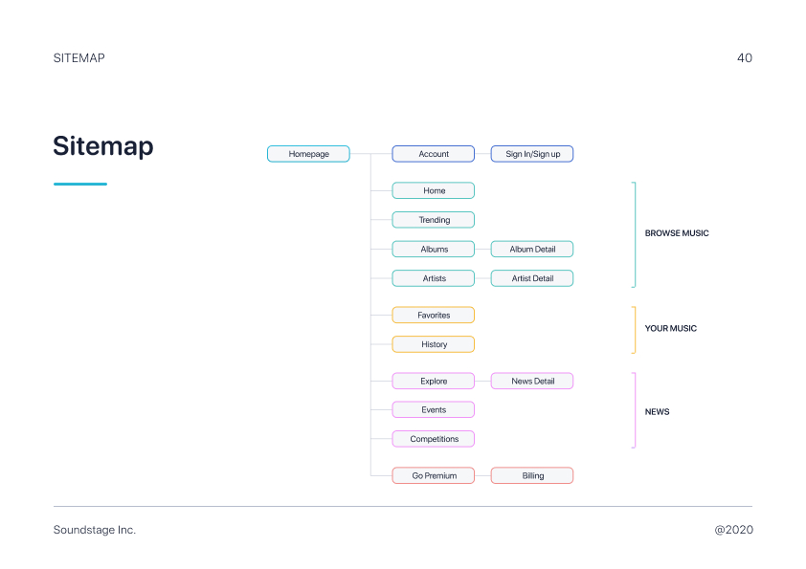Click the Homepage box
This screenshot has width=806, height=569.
tap(308, 154)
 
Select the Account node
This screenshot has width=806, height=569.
tap(434, 154)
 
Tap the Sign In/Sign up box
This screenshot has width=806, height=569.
tap(532, 154)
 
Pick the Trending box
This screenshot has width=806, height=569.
tap(434, 220)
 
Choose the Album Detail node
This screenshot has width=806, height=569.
tap(532, 249)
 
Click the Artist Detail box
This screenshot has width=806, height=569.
tap(532, 278)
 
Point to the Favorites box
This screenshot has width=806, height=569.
tap(434, 315)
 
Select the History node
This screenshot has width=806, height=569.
tap(434, 344)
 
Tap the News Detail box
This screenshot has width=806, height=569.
tap(532, 381)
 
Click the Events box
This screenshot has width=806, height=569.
tap(434, 410)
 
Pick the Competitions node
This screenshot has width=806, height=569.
tap(434, 439)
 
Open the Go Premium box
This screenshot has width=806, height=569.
tap(434, 475)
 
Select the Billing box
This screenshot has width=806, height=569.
tap(532, 475)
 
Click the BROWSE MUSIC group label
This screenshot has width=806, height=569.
tap(677, 233)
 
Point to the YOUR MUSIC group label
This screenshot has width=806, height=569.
tap(671, 328)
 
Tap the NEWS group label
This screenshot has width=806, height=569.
tap(657, 412)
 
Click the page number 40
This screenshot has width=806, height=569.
tap(745, 58)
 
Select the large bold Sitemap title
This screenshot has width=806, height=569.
tap(103, 146)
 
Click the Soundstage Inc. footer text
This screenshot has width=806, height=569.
tap(95, 530)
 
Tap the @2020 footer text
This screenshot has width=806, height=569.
tap(733, 530)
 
